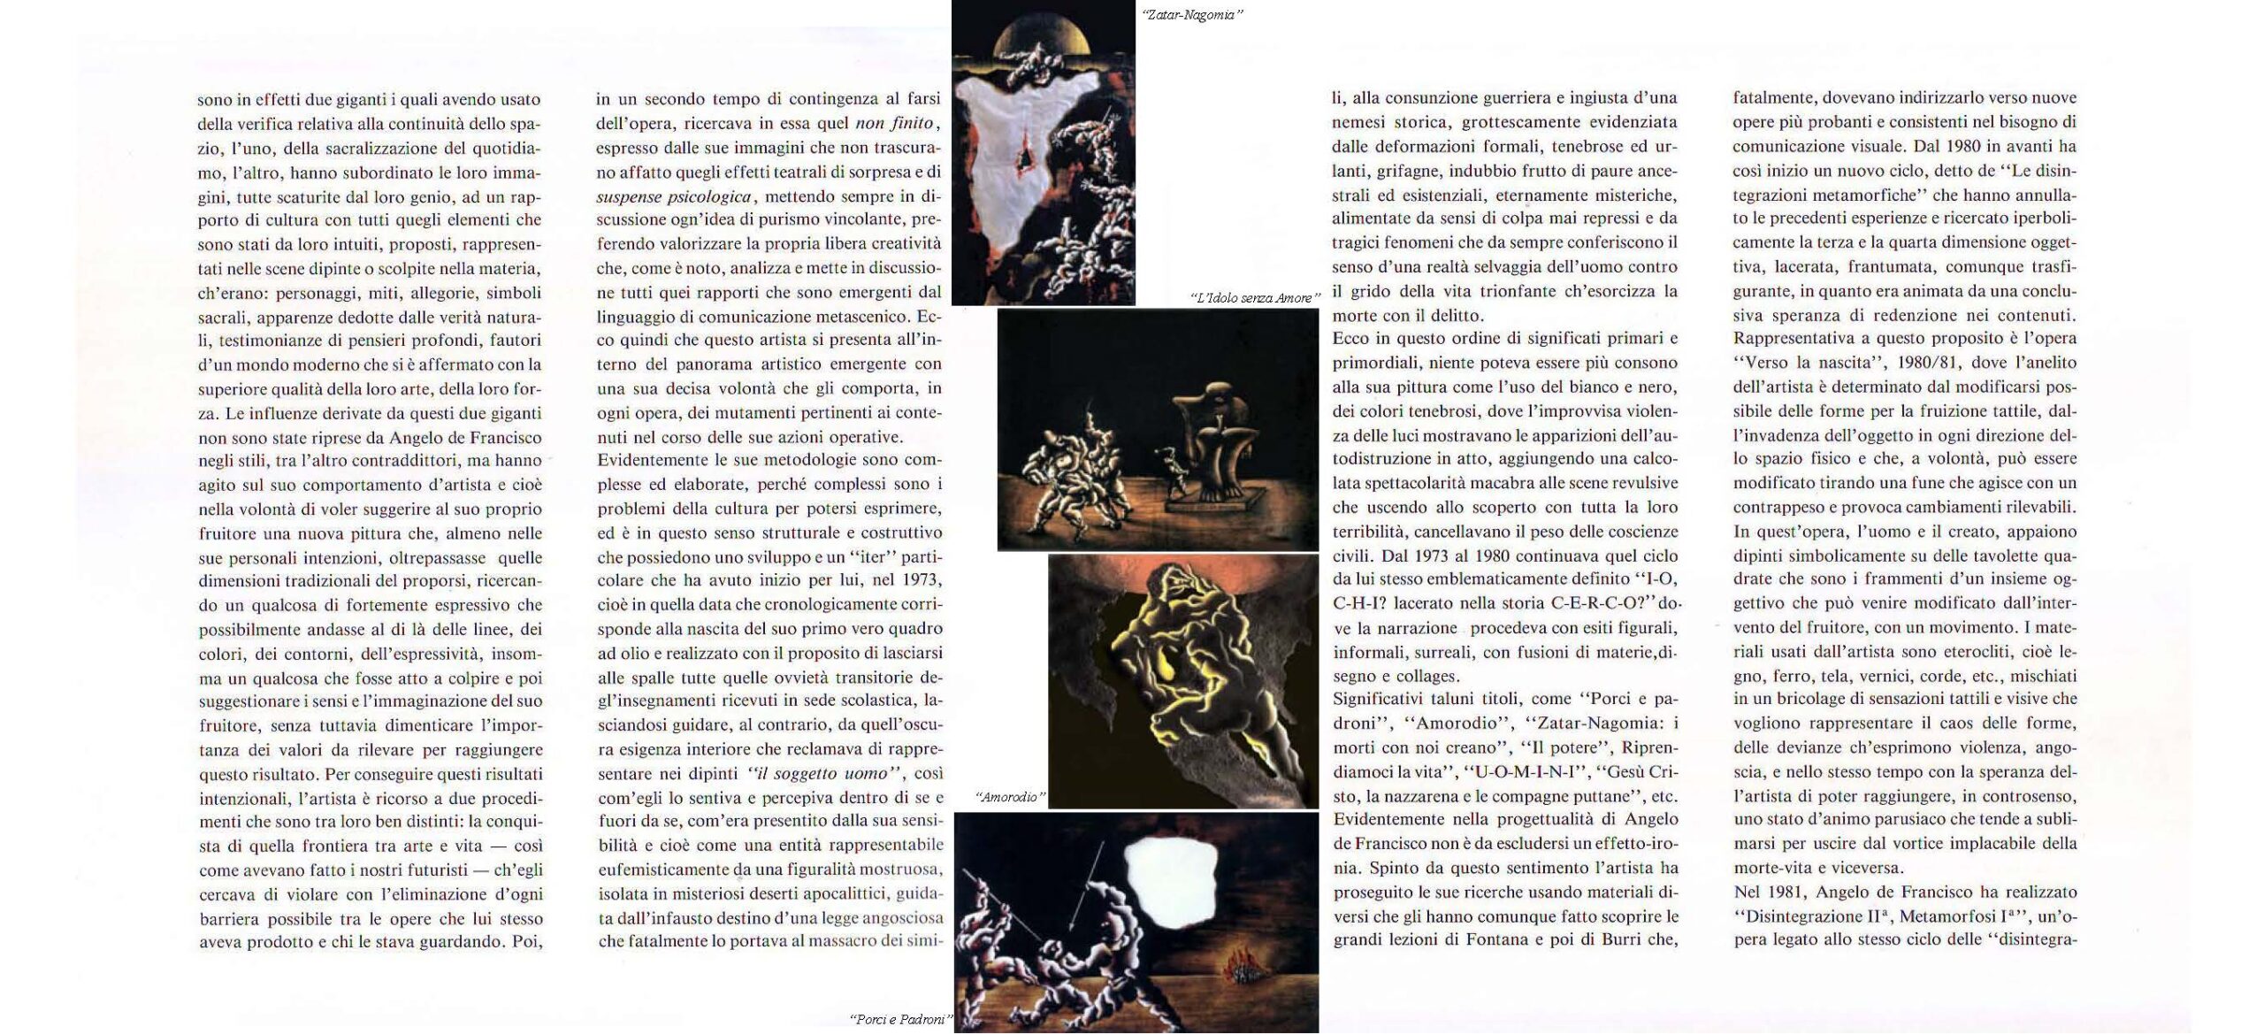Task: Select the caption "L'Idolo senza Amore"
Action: (1254, 298)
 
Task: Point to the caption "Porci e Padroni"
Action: (899, 1019)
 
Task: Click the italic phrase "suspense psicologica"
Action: (674, 195)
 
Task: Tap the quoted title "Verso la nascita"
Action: (1804, 363)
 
